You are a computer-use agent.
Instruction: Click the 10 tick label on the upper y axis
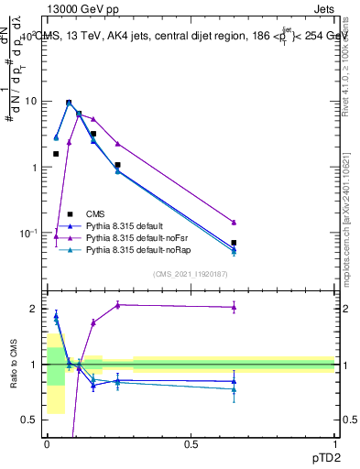coord(30,102)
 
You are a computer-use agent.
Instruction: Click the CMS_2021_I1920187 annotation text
coord(190,274)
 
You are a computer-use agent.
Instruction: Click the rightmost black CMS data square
coord(234,243)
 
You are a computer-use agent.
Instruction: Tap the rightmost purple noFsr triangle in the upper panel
coord(234,223)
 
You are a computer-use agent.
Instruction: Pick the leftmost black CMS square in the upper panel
coord(56,154)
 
